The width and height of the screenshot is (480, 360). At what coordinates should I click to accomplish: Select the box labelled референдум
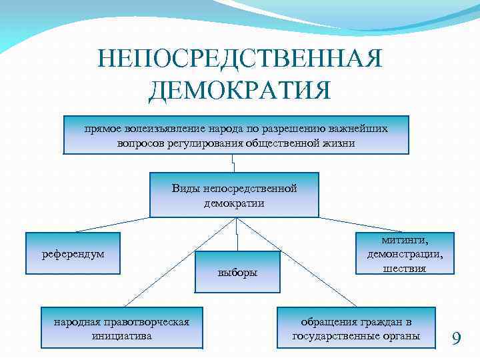73,253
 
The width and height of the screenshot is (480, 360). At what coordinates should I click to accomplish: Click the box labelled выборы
237,272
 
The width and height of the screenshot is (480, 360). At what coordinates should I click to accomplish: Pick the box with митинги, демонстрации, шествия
405,253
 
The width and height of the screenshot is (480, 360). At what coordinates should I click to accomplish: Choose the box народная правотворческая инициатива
121,329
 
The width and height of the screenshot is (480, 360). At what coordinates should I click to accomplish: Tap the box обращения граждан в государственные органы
356,329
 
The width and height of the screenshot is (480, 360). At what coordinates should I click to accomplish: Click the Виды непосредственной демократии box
234,195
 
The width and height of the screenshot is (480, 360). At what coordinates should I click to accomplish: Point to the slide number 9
456,339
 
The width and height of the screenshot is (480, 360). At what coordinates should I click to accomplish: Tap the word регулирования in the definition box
187,143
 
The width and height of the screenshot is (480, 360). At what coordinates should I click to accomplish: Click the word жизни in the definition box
341,143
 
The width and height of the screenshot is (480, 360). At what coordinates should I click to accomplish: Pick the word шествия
405,268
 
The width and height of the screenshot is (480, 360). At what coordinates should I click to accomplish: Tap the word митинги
405,239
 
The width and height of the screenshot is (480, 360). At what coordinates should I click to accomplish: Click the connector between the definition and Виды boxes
234,163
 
